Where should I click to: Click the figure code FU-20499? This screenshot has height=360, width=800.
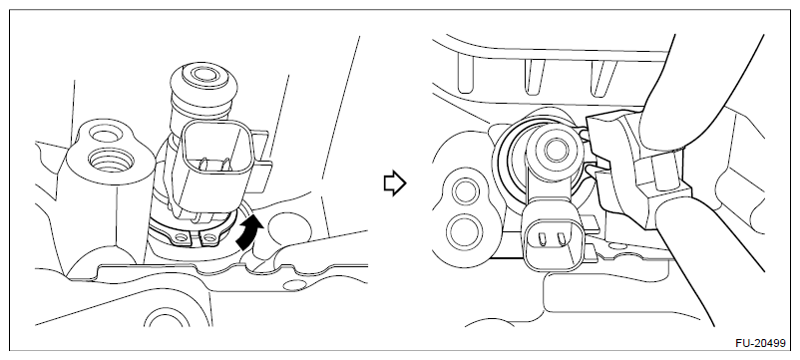[760, 343]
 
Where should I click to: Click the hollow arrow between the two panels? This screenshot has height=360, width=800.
[395, 183]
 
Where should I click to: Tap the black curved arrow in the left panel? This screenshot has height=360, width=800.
[250, 232]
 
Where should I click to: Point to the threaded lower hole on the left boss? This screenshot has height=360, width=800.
[111, 162]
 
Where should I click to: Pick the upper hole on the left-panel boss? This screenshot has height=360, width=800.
[104, 135]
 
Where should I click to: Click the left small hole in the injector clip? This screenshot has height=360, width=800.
[180, 238]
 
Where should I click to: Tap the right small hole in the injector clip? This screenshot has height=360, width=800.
[208, 236]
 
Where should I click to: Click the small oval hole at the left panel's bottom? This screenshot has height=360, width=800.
[294, 284]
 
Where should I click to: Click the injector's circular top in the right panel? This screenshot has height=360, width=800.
[553, 150]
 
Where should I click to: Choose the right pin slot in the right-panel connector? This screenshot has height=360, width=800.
[562, 238]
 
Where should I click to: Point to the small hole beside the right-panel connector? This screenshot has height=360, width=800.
[618, 246]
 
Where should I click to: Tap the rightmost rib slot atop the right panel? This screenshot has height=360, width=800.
[602, 77]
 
